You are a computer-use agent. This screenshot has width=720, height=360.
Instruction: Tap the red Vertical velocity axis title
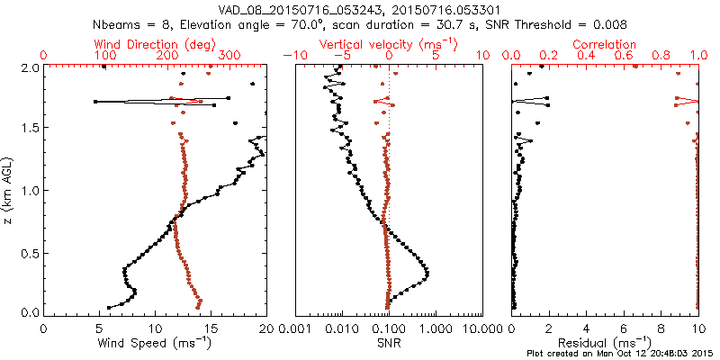[388, 44]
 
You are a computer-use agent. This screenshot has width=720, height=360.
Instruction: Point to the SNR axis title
[388, 342]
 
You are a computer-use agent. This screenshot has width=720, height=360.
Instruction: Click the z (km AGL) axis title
[9, 190]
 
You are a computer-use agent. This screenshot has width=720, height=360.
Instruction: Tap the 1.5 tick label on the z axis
[30, 129]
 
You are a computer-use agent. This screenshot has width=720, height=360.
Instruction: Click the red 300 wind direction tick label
[229, 56]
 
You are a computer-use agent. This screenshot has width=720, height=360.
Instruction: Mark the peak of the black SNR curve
[427, 274]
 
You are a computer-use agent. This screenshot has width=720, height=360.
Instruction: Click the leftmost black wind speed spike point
[95, 101]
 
